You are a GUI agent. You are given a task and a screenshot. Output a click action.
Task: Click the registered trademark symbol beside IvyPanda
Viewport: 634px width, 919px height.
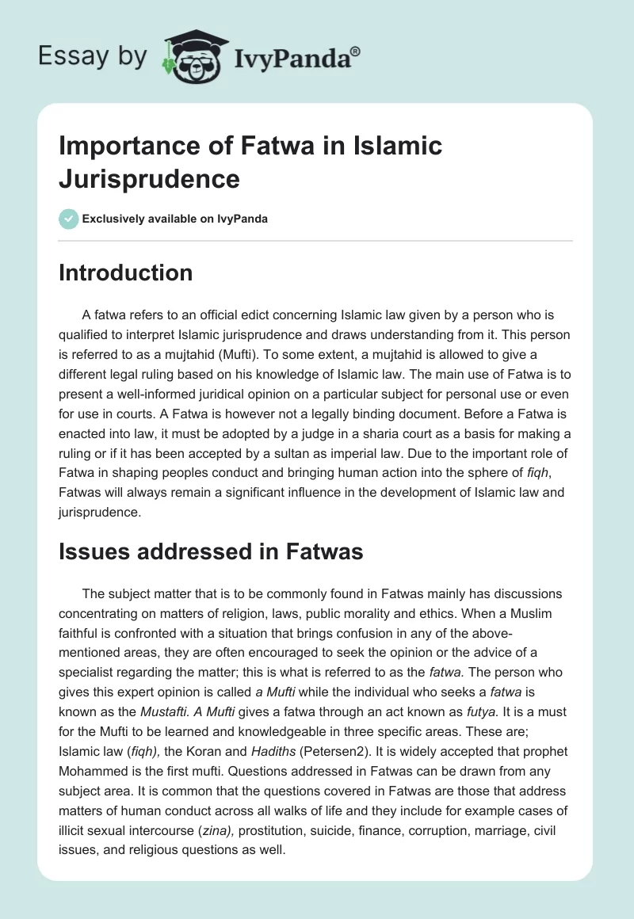point(356,51)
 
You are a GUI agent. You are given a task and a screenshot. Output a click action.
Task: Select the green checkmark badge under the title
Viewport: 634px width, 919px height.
point(69,219)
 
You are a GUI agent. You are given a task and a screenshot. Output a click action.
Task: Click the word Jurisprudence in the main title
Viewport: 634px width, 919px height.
point(150,179)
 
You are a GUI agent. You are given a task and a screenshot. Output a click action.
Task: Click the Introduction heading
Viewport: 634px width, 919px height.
point(125,273)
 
